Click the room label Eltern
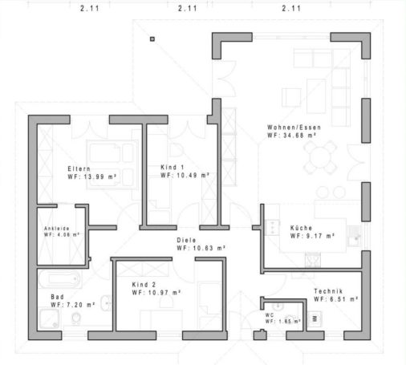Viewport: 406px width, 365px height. coord(79,168)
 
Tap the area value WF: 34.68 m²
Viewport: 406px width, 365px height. coord(291,136)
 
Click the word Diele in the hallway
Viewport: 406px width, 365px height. coord(186,239)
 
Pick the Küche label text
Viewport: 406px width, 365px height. coord(301,228)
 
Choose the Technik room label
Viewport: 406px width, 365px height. coord(329,290)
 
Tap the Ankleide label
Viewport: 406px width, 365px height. coord(57,229)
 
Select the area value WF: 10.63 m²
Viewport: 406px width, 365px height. coord(201,248)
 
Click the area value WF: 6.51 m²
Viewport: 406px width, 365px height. coord(335,298)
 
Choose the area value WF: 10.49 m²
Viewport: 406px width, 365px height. coord(185,174)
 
